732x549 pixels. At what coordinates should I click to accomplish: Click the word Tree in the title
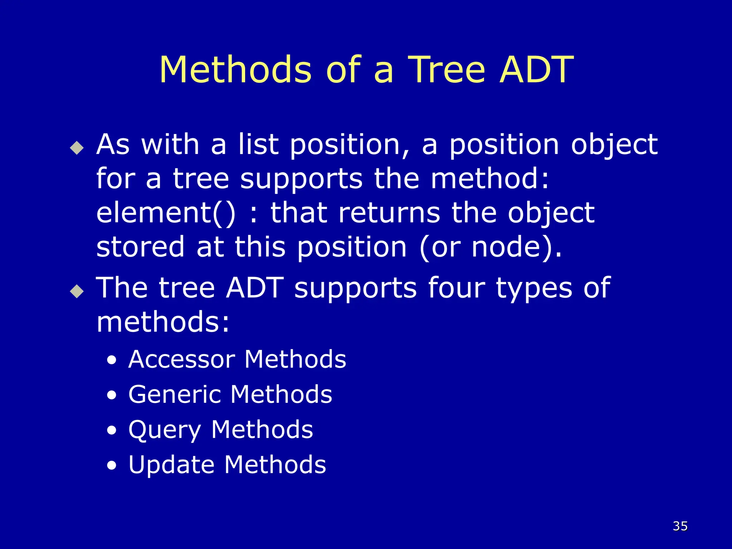point(446,70)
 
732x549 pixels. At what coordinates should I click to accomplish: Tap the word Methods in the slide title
point(235,70)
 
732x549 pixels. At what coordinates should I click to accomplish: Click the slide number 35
point(680,526)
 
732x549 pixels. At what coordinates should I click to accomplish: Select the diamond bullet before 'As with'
point(77,148)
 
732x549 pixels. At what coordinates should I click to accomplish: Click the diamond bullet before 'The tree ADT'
point(77,291)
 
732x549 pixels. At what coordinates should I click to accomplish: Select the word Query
point(165,430)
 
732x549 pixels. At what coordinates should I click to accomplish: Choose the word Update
point(172,465)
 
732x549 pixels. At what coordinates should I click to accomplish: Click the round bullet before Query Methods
point(112,431)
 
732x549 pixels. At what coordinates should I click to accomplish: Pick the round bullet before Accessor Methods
point(112,360)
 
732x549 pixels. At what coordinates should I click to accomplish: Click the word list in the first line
point(258,144)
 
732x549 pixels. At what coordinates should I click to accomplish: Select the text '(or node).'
point(490,248)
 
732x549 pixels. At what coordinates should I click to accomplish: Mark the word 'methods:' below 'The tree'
point(163,322)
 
